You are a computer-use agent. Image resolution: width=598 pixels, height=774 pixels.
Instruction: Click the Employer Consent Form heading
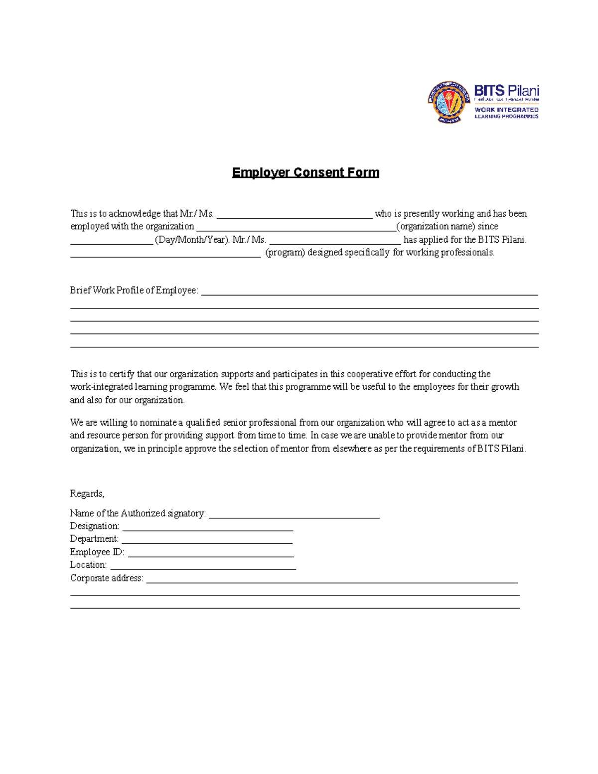[305, 172]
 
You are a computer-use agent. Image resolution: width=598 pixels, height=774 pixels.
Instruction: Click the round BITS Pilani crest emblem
[448, 102]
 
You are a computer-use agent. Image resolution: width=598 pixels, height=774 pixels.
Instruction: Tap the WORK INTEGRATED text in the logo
[506, 110]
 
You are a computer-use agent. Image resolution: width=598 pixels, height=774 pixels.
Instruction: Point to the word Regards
[87, 493]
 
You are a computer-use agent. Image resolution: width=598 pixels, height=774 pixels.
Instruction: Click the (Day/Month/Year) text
[192, 240]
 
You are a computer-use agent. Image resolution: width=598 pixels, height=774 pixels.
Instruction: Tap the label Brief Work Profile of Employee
[134, 290]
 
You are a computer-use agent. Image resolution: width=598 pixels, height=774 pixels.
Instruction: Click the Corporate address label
[107, 578]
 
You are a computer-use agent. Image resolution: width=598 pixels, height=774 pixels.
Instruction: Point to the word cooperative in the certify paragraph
[369, 374]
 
